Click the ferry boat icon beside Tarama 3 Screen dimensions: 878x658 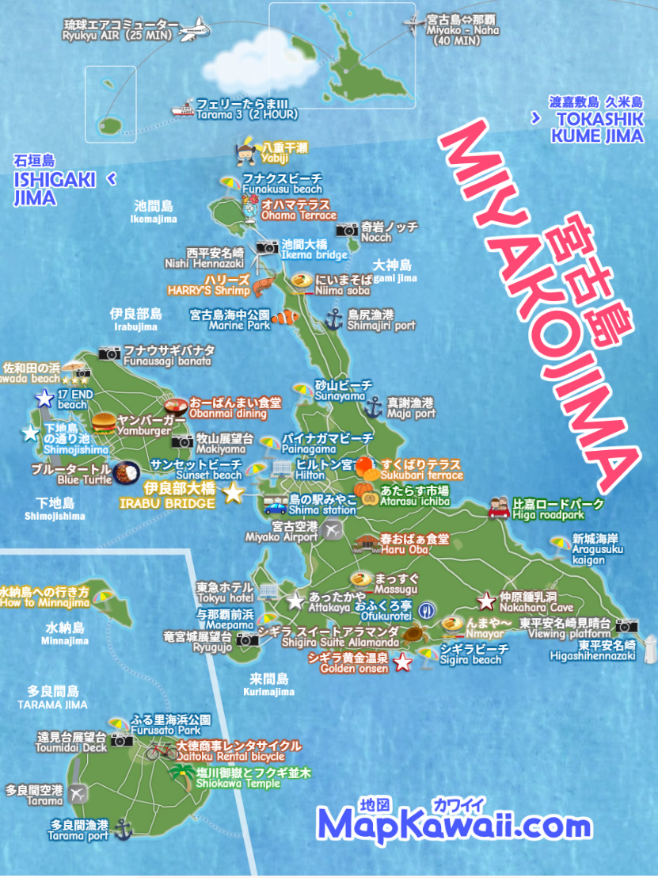[x=184, y=109]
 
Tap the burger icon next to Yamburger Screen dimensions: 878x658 [x=103, y=423]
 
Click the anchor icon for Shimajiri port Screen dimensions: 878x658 [x=333, y=319]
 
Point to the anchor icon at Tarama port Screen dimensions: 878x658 [x=122, y=830]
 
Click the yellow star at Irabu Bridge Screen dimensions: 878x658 [x=233, y=494]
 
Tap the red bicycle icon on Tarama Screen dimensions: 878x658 [x=162, y=750]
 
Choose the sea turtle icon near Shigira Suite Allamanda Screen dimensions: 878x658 [x=412, y=634]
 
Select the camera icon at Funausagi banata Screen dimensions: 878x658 [x=108, y=353]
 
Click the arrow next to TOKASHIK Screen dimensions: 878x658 [x=535, y=118]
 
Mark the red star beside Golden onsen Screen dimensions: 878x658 [x=402, y=662]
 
